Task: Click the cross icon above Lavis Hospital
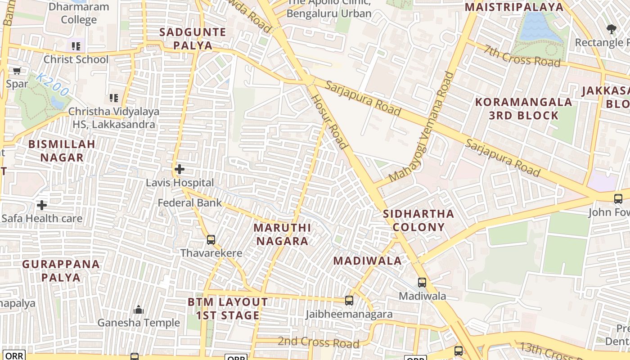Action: (x=180, y=169)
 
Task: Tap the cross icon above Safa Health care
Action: (x=42, y=205)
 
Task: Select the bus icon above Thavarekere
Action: (x=211, y=240)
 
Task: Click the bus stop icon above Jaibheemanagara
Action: (x=349, y=300)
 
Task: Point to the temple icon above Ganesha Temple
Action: (x=139, y=310)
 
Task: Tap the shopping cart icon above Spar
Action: (x=17, y=71)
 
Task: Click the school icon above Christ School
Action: (x=76, y=46)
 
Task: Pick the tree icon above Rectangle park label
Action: (x=611, y=30)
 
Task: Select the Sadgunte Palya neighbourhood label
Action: (x=186, y=39)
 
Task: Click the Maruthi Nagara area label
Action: (x=282, y=234)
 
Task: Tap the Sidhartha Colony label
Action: (x=418, y=220)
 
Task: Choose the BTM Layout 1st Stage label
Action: (x=228, y=308)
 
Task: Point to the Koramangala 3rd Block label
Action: (x=524, y=108)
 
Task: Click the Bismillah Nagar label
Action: (x=62, y=151)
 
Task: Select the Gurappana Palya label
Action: (x=61, y=270)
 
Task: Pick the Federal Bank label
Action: (x=189, y=202)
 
